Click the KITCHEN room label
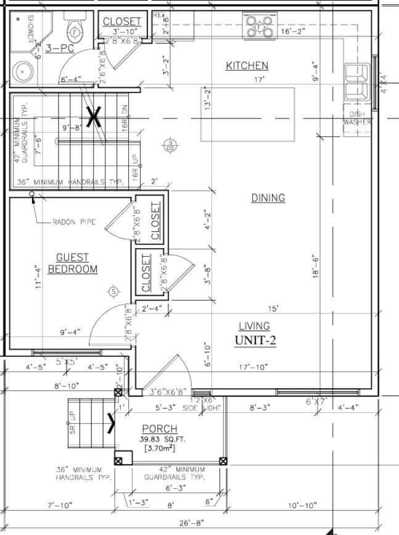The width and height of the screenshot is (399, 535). click(x=247, y=65)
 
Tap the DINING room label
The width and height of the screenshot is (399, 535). click(x=268, y=197)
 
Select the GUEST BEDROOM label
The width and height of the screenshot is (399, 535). click(x=73, y=263)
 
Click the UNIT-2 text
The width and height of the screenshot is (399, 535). click(x=255, y=340)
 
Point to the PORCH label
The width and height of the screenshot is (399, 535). click(x=159, y=429)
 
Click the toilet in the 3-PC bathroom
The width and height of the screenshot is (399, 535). click(x=75, y=31)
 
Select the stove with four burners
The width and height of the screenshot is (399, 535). click(x=260, y=27)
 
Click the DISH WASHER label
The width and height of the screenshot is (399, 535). click(x=358, y=118)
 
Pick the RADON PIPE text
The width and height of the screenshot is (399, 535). click(x=74, y=222)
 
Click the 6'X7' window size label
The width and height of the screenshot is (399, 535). click(x=318, y=402)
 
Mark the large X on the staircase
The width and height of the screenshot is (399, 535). click(x=93, y=116)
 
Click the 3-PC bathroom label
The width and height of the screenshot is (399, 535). click(x=59, y=48)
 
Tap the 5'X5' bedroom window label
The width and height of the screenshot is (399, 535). click(x=67, y=362)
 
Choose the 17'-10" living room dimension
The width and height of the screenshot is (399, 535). click(x=255, y=368)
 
